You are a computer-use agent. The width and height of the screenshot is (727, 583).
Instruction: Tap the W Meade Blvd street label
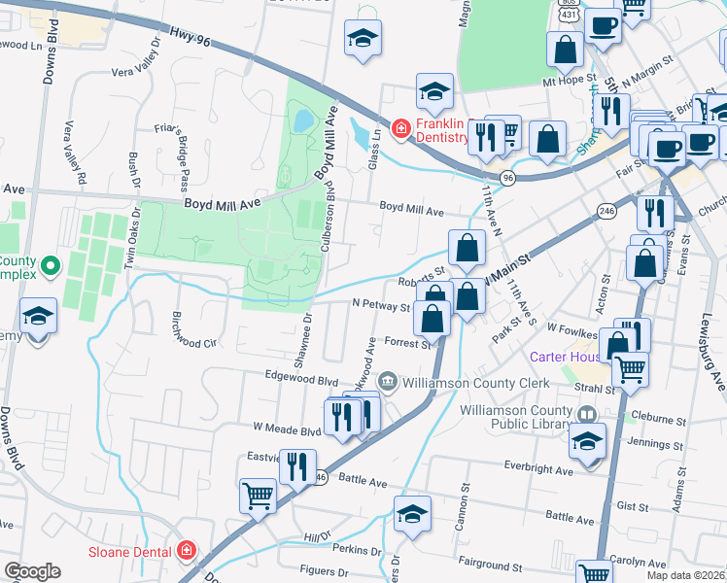click(x=287, y=428)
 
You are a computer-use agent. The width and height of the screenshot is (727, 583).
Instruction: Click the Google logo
click(x=32, y=571)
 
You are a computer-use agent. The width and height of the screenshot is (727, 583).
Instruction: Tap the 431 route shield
click(x=570, y=17)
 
